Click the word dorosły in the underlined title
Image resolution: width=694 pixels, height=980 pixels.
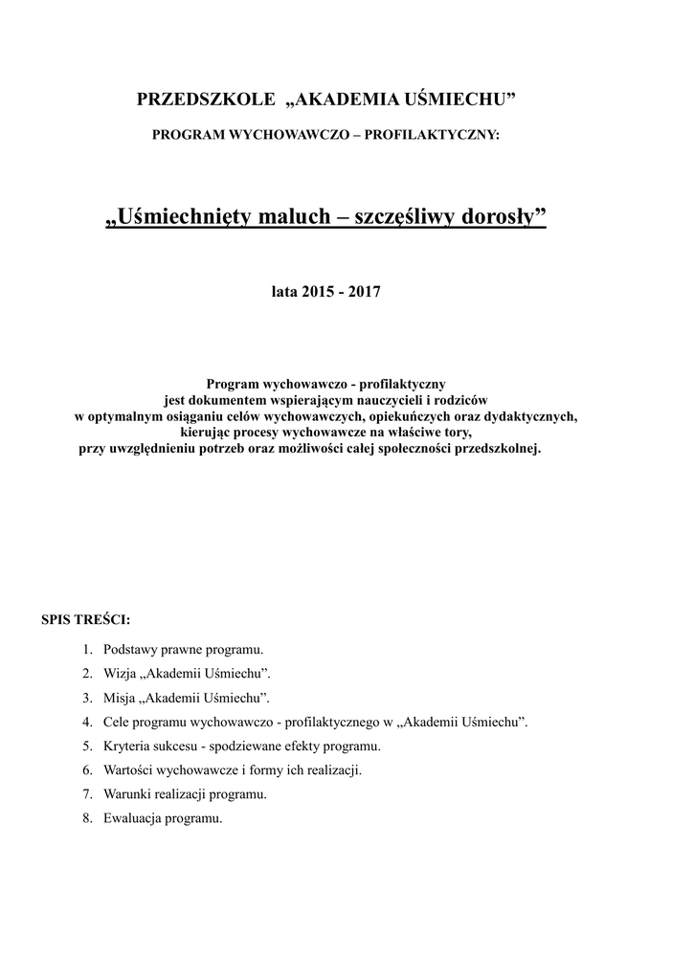504,219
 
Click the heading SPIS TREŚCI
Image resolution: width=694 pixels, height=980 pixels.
85,618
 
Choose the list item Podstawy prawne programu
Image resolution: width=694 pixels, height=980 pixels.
183,649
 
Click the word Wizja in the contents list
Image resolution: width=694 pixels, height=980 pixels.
120,673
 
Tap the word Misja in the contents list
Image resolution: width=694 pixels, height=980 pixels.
120,697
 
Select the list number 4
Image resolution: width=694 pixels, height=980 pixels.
87,721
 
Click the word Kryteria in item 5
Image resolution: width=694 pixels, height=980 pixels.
126,746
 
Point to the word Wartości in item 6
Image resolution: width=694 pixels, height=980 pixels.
128,769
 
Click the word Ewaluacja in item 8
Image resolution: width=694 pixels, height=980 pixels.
132,818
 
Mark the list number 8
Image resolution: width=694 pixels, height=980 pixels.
87,818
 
